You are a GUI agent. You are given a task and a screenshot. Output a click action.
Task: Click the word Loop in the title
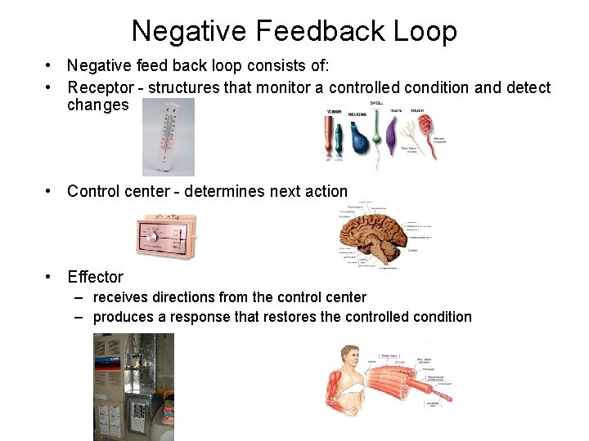[422, 31]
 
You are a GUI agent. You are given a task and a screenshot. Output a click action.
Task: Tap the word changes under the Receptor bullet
[97, 105]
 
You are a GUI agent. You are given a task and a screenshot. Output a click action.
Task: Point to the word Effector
[95, 277]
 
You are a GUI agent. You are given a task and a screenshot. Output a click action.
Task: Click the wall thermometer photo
[169, 136]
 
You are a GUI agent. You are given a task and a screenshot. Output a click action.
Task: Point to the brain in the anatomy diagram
[378, 232]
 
